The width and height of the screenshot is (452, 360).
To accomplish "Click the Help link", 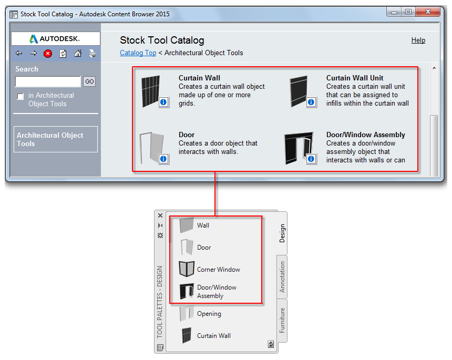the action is click(x=418, y=40).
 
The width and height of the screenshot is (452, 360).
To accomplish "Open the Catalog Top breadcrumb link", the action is click(x=138, y=53).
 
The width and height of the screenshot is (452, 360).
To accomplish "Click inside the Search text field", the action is click(x=48, y=81).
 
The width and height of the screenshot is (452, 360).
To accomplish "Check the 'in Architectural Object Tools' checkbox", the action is click(x=20, y=96).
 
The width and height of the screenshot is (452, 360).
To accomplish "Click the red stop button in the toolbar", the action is click(x=48, y=54).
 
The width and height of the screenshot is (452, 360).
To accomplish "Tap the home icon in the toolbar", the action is click(x=78, y=53).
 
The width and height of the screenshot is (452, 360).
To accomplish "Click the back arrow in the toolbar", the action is click(x=19, y=53).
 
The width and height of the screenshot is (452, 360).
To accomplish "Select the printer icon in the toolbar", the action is click(x=93, y=54).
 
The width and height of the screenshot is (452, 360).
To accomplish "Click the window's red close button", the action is click(x=427, y=12).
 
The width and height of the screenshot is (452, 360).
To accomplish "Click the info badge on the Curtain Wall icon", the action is click(x=163, y=102).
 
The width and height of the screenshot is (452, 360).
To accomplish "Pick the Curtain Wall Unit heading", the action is click(x=355, y=78).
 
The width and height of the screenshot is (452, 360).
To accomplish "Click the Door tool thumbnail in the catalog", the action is click(x=151, y=148).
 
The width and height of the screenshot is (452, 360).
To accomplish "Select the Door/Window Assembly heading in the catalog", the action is click(x=365, y=135).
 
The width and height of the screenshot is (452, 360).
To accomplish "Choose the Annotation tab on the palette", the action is click(x=282, y=277).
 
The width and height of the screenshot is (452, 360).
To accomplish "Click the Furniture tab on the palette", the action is click(x=282, y=320).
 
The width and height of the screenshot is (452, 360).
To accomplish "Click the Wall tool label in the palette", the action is click(x=203, y=225).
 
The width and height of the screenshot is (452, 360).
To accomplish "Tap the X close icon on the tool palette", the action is click(x=160, y=215).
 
